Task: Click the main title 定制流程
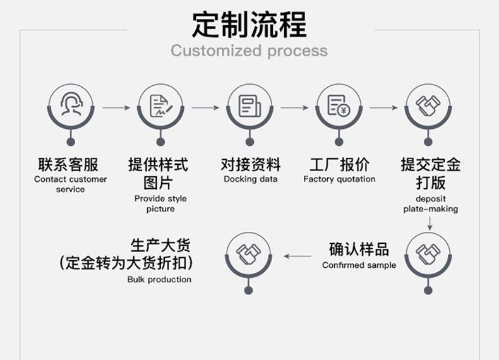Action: click(249, 25)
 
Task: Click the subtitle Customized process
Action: click(249, 51)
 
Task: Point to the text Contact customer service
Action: click(70, 184)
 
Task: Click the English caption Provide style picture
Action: click(160, 204)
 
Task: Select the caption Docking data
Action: click(250, 179)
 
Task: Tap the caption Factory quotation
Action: click(339, 179)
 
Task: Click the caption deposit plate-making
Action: click(430, 204)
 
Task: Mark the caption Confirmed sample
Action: click(359, 265)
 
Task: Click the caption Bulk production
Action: click(159, 279)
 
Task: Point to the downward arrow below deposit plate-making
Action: click(430, 222)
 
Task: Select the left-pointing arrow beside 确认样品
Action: click(298, 256)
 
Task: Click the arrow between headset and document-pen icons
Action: click(116, 108)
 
